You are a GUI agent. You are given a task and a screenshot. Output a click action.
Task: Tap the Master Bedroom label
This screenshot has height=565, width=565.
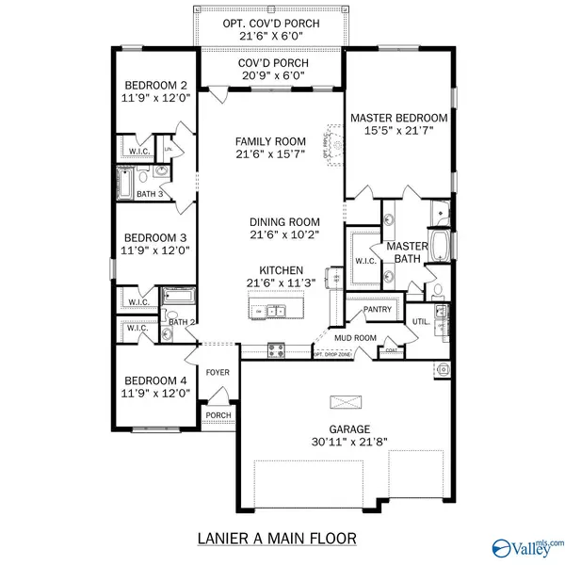[x=398, y=118]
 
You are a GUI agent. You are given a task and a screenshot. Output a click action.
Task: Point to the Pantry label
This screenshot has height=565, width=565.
[x=376, y=308]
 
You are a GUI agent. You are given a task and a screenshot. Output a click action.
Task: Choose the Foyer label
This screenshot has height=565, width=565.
[x=218, y=372]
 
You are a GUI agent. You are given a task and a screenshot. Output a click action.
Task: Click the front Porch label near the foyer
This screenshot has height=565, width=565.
[x=218, y=414]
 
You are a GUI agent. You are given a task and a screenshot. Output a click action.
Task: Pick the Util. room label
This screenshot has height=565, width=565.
[x=421, y=322]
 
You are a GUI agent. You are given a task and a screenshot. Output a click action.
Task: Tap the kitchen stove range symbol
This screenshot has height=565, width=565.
[x=276, y=349]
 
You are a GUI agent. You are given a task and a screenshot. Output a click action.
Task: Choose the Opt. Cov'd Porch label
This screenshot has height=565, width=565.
[x=270, y=23]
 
